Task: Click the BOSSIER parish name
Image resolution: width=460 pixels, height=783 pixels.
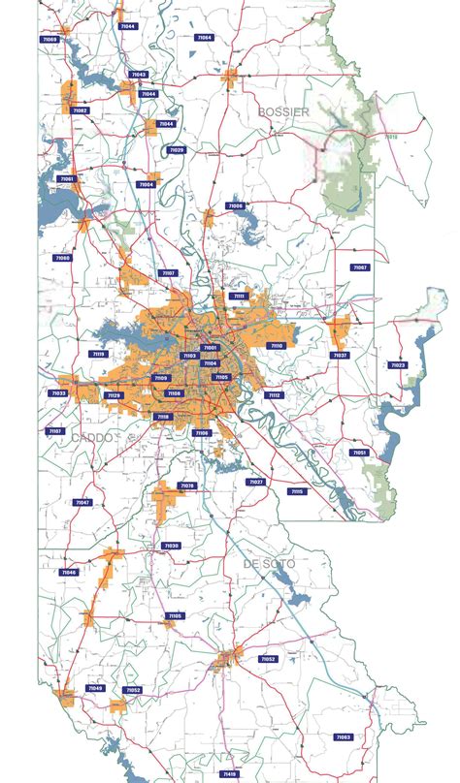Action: coord(283,112)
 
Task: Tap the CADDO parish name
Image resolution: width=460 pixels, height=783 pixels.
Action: coord(92,438)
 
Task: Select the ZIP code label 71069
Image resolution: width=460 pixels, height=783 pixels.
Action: coord(49,40)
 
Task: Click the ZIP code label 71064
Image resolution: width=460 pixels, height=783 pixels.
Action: coord(205,37)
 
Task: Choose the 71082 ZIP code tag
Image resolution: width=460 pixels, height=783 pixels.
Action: coord(80,110)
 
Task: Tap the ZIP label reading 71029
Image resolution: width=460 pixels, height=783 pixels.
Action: coord(177,150)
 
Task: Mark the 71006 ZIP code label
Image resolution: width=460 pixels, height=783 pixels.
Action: coord(236,205)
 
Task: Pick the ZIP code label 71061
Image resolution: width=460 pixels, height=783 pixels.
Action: coord(66,179)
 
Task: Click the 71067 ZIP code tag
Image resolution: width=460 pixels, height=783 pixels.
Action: coord(360,267)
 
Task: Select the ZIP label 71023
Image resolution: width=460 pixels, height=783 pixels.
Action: coord(398,365)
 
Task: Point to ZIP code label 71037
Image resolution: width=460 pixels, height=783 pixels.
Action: coord(340,356)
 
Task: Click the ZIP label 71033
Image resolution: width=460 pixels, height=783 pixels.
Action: coord(58,393)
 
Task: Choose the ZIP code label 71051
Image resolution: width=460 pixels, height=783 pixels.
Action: coord(359,453)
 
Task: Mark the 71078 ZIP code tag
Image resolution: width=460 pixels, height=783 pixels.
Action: coord(187,485)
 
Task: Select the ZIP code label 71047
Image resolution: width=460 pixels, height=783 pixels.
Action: coord(82,502)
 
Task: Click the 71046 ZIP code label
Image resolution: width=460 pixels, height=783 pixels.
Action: coord(69,573)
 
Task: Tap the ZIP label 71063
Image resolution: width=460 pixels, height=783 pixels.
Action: coord(344,737)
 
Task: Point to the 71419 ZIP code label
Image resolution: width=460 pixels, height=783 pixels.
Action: coord(229,774)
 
